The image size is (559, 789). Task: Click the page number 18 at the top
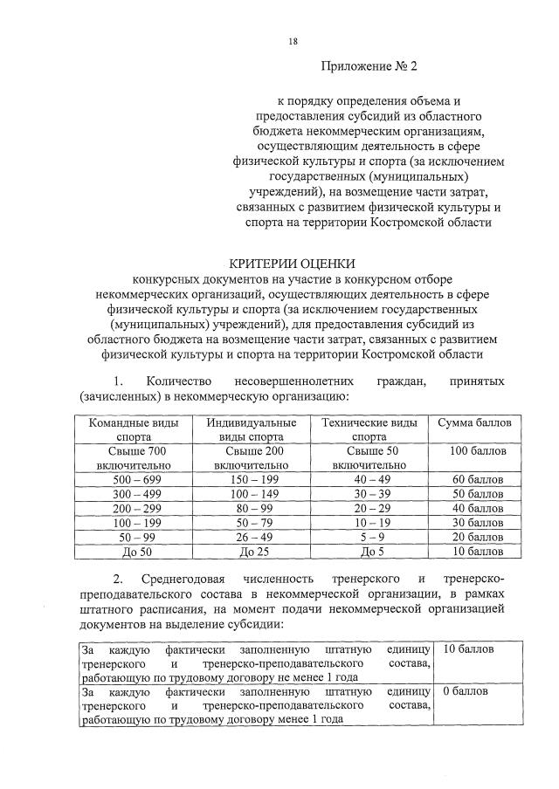pos(293,41)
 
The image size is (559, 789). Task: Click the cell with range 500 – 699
pos(129,480)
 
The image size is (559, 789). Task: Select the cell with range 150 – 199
pos(251,480)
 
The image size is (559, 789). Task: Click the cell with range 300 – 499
pos(129,494)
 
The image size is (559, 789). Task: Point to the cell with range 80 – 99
pos(251,508)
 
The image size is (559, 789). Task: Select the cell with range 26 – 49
pos(251,536)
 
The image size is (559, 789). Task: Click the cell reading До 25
pos(251,551)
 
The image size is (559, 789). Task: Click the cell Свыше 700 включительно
pos(129,457)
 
